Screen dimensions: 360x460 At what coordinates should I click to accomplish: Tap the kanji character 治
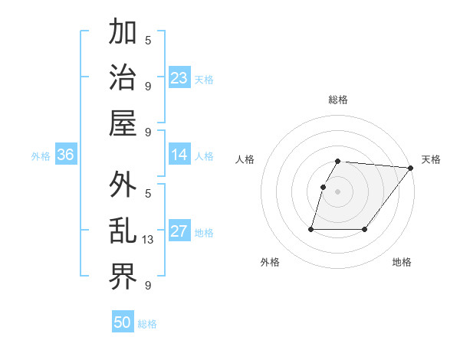pos(123,77)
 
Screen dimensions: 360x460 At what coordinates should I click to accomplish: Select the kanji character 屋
pos(123,121)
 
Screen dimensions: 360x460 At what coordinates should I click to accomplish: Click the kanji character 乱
pos(123,231)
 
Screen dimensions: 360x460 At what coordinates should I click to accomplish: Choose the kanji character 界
pos(123,277)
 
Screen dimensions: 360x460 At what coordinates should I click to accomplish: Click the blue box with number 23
pos(179,77)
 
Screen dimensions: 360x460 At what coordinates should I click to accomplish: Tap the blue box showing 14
pos(179,155)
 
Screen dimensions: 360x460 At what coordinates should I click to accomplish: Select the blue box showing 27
pos(179,232)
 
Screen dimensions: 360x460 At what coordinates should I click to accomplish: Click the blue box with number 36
pos(65,155)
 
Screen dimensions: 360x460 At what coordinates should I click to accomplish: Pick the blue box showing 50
pos(123,322)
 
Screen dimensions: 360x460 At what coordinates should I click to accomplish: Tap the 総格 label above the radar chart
pos(338,100)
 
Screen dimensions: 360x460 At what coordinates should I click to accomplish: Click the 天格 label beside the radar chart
pos(431,159)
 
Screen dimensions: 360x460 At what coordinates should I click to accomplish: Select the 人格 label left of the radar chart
pos(245,159)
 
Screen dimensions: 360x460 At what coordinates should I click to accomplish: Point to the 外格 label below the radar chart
pos(270,262)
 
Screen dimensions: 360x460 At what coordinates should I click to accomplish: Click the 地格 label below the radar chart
pos(402,262)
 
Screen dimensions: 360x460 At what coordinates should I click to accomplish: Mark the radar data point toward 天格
pos(411,169)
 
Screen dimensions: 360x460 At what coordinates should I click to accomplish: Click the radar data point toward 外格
pos(311,229)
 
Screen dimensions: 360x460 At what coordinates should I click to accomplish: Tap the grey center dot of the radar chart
pos(338,192)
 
